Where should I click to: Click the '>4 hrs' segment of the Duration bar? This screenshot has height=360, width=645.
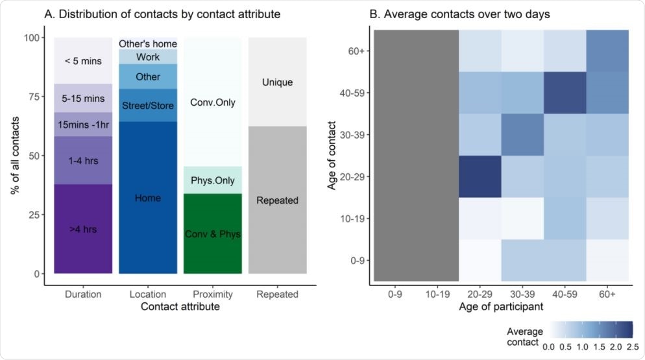pyautogui.click(x=83, y=229)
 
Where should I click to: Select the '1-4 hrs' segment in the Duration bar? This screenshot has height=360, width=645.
pyautogui.click(x=83, y=160)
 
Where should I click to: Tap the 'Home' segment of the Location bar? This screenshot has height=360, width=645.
pyautogui.click(x=148, y=198)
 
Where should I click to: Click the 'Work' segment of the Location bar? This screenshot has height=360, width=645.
pyautogui.click(x=148, y=57)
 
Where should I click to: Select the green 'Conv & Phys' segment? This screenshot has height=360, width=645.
pyautogui.click(x=213, y=234)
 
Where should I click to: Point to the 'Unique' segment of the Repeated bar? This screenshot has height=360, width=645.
pyautogui.click(x=278, y=82)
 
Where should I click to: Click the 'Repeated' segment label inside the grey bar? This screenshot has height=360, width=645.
pyautogui.click(x=278, y=200)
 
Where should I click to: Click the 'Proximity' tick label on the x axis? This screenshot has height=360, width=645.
pyautogui.click(x=213, y=294)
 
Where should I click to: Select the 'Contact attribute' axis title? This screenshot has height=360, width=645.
pyautogui.click(x=180, y=307)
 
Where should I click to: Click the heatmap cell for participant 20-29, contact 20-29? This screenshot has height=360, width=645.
pyautogui.click(x=480, y=176)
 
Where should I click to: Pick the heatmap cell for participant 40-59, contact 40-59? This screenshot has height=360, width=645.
pyautogui.click(x=565, y=93)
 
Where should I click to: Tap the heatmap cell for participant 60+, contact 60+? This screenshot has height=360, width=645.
pyautogui.click(x=607, y=51)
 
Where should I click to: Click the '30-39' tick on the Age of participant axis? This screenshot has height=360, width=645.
pyautogui.click(x=522, y=294)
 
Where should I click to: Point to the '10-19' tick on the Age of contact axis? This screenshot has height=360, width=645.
pyautogui.click(x=358, y=219)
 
